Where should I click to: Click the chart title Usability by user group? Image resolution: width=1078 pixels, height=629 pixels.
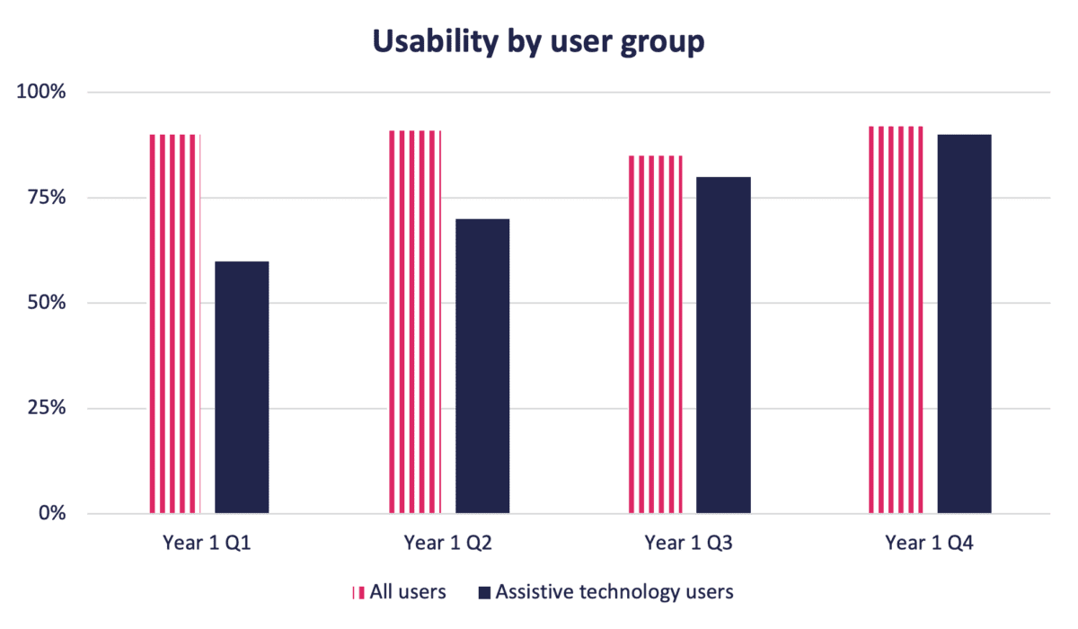(538, 42)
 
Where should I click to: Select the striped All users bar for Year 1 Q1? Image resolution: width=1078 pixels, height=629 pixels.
(174, 323)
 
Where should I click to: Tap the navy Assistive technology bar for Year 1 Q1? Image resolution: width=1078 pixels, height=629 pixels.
(242, 387)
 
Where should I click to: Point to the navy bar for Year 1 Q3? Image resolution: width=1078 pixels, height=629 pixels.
(723, 345)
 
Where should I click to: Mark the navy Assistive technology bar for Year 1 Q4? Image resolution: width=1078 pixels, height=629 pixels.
(964, 323)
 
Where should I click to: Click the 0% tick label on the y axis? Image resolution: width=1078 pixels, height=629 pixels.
(49, 514)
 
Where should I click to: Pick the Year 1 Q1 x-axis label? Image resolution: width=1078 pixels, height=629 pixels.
(208, 543)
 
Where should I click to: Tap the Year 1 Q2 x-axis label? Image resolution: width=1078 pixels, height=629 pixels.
(448, 543)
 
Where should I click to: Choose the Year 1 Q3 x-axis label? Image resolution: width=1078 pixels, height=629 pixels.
(689, 543)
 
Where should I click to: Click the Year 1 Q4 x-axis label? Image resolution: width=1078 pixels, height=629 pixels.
(930, 543)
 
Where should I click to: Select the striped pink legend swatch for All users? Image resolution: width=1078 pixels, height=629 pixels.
(358, 592)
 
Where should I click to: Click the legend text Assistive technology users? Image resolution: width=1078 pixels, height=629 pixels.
(614, 592)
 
